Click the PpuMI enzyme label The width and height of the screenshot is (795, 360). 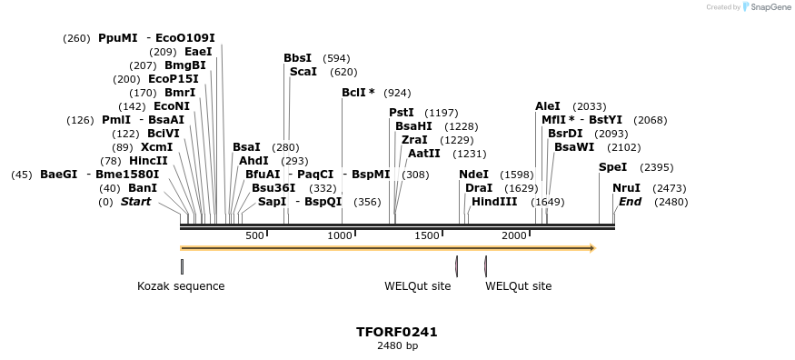point(117,38)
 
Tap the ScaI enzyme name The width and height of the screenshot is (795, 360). point(303,72)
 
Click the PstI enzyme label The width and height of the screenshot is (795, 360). point(402,113)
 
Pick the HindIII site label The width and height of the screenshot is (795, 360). point(494,202)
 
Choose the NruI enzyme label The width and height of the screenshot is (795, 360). point(626,188)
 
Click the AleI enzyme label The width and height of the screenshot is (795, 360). point(548,106)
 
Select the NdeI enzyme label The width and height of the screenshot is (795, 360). point(473,175)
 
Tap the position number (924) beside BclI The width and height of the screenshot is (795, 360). point(397,93)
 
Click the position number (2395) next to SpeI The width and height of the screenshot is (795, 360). point(656,167)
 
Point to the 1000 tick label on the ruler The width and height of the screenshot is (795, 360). point(340,236)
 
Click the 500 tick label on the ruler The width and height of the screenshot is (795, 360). point(254,236)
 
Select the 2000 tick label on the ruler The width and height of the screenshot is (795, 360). point(514,236)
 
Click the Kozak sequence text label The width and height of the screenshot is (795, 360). point(181,286)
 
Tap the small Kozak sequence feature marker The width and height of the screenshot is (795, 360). point(182,266)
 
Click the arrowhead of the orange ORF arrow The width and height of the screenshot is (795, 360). point(592,247)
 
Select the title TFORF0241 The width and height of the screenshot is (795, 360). point(397,332)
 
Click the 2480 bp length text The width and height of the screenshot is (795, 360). point(397,345)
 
